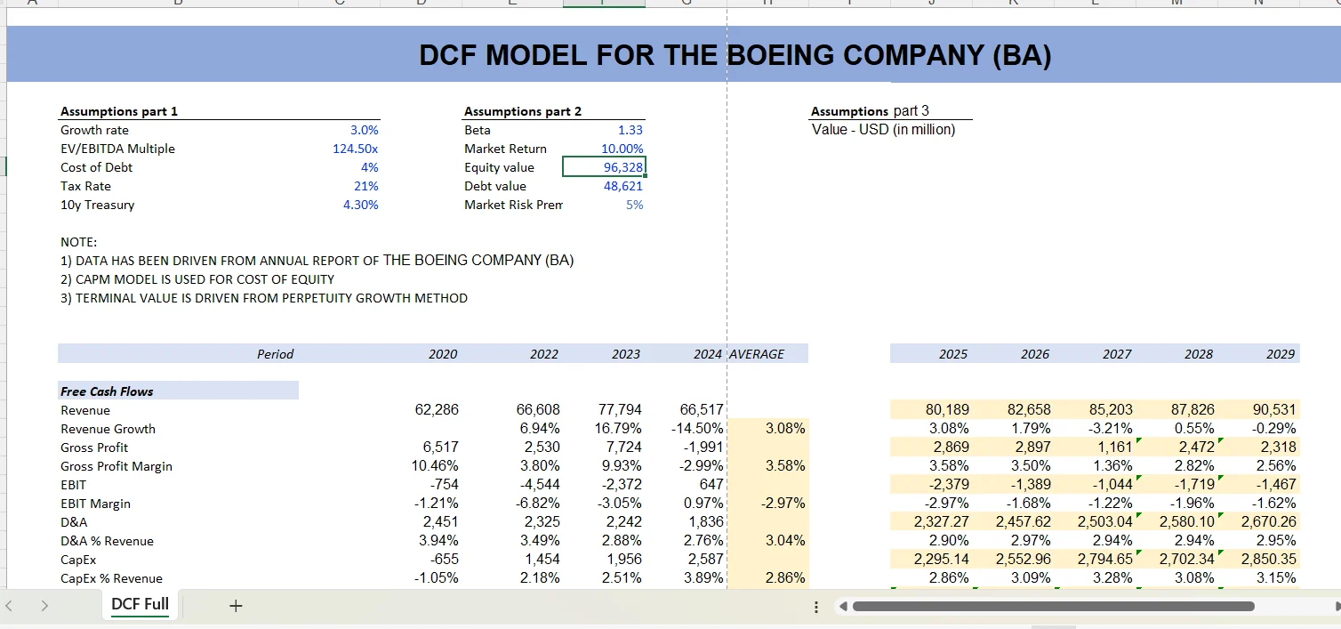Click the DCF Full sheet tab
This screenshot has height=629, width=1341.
[x=140, y=604]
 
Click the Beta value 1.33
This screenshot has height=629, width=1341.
[x=630, y=130]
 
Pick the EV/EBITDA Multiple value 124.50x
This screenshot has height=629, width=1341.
[x=355, y=149]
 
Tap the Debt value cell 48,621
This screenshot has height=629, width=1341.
[x=622, y=186]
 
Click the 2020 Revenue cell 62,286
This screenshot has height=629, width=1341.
[x=437, y=410]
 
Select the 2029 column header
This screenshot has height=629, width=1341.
[x=1280, y=354]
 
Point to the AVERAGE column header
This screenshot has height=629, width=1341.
[x=757, y=354]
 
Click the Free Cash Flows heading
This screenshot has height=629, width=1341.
[x=107, y=391]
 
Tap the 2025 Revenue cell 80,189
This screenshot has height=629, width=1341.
[x=947, y=410]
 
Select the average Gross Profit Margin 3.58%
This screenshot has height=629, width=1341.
[x=785, y=466]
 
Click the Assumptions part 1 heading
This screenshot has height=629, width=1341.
[x=119, y=111]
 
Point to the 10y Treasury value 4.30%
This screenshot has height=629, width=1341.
[x=361, y=205]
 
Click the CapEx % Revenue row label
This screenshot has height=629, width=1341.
[x=111, y=578]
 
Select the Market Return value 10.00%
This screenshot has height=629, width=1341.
[x=622, y=149]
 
